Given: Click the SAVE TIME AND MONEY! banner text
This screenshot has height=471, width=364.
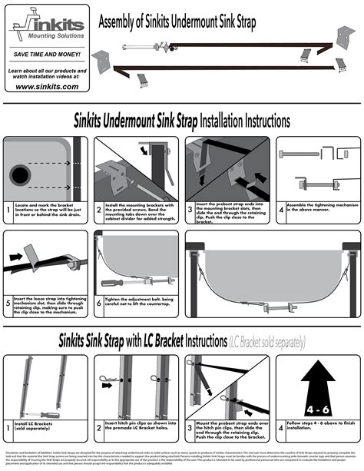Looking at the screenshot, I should click(x=45, y=55).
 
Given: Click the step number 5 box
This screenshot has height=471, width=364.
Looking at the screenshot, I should click(x=8, y=304).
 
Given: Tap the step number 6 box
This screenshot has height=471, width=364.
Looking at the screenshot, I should click(x=99, y=304).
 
